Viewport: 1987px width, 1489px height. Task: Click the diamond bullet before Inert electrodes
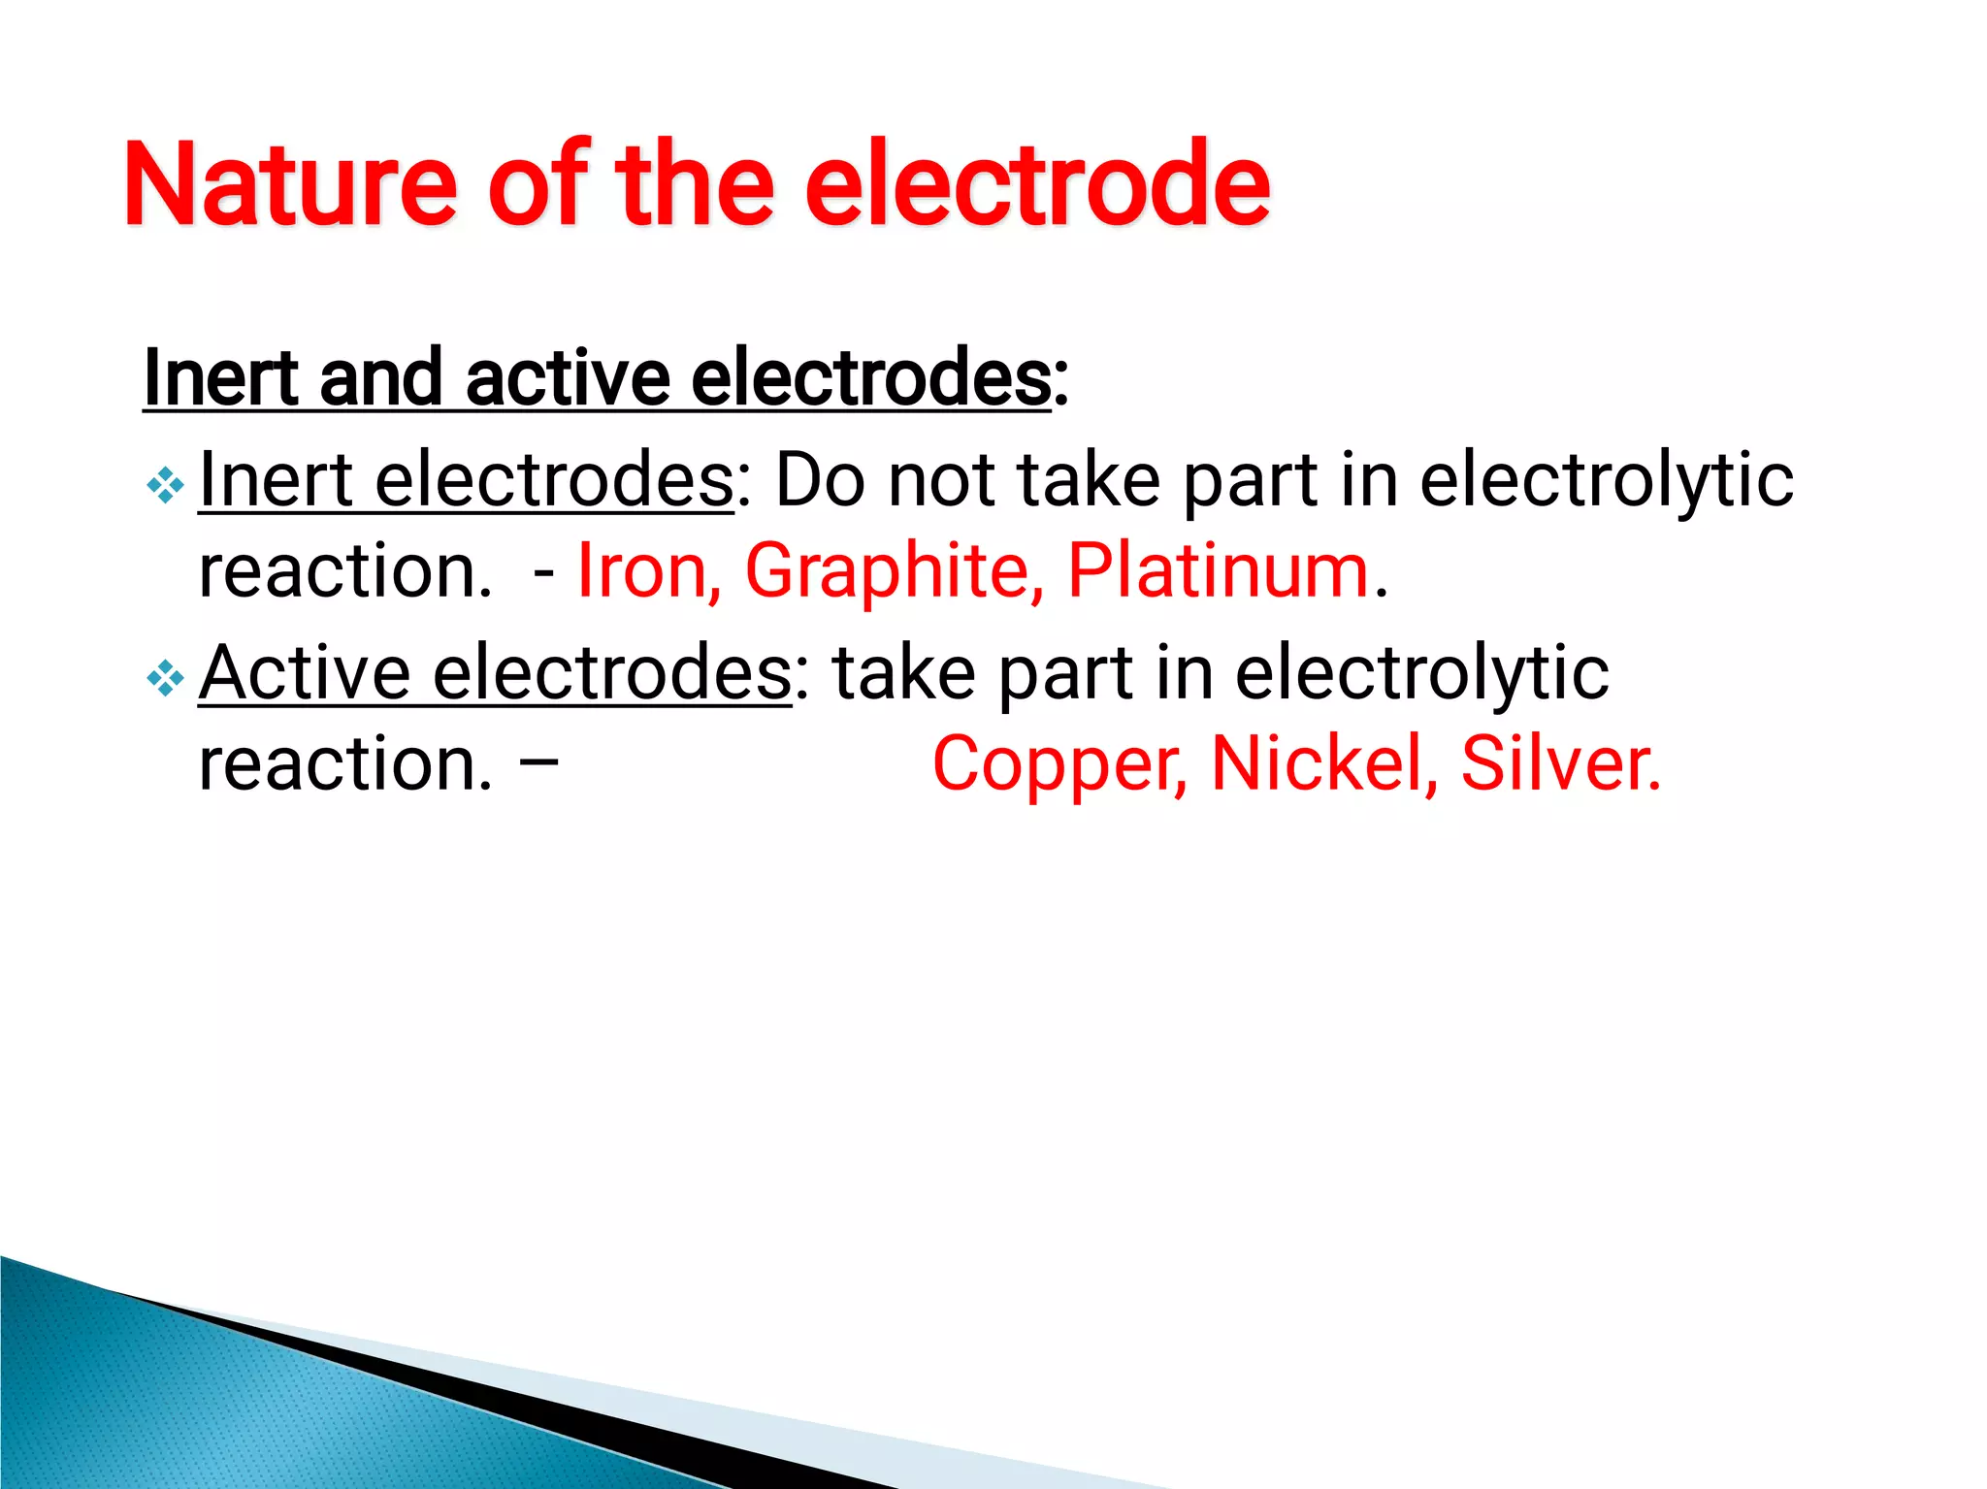165,484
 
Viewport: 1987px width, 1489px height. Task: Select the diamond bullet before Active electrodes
165,678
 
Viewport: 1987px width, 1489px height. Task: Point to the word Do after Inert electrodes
819,480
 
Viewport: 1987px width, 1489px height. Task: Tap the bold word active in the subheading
568,378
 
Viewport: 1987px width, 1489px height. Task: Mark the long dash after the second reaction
538,761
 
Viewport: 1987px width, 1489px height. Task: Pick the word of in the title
539,184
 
